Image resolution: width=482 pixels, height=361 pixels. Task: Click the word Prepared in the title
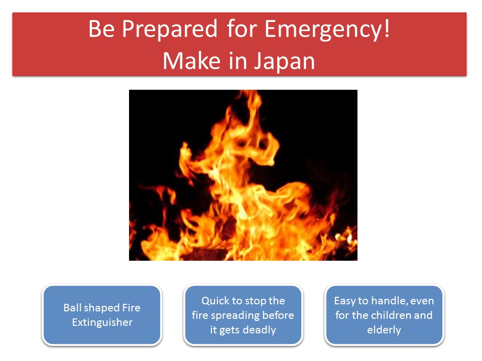tap(170, 30)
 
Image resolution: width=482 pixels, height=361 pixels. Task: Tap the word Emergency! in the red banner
tap(327, 30)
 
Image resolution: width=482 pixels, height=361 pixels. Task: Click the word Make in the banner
tap(191, 61)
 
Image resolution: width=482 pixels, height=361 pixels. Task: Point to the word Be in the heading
tap(102, 29)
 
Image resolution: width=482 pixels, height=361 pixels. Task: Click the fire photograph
tap(243, 175)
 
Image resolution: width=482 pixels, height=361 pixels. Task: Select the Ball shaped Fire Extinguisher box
tap(102, 315)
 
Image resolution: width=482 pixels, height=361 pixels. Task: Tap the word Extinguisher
tap(102, 322)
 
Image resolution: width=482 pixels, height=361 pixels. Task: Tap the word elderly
tap(384, 330)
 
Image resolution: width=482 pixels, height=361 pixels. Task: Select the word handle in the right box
tap(390, 301)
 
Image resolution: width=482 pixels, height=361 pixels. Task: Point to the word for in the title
tap(242, 29)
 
